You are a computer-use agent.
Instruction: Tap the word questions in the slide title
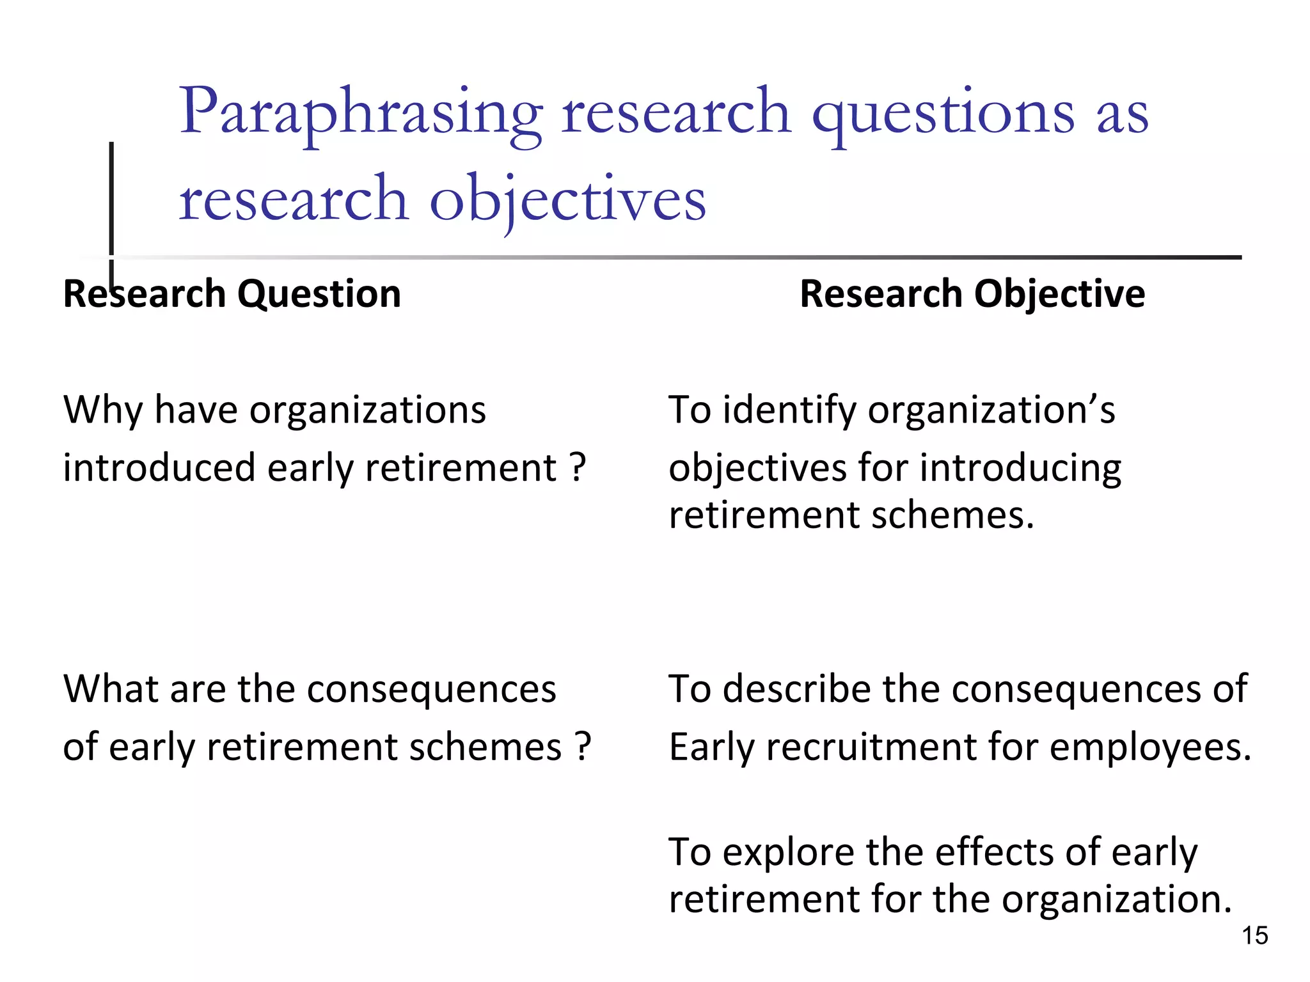coord(943,114)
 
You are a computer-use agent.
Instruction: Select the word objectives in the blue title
coord(567,200)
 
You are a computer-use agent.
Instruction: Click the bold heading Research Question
coord(232,294)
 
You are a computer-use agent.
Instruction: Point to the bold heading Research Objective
coord(972,294)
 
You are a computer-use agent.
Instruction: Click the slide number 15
coord(1254,935)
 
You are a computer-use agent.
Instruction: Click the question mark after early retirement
coord(578,467)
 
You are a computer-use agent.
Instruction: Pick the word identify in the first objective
coord(789,410)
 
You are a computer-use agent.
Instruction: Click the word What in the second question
coord(112,689)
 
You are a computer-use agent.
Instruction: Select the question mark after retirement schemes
coord(583,747)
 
